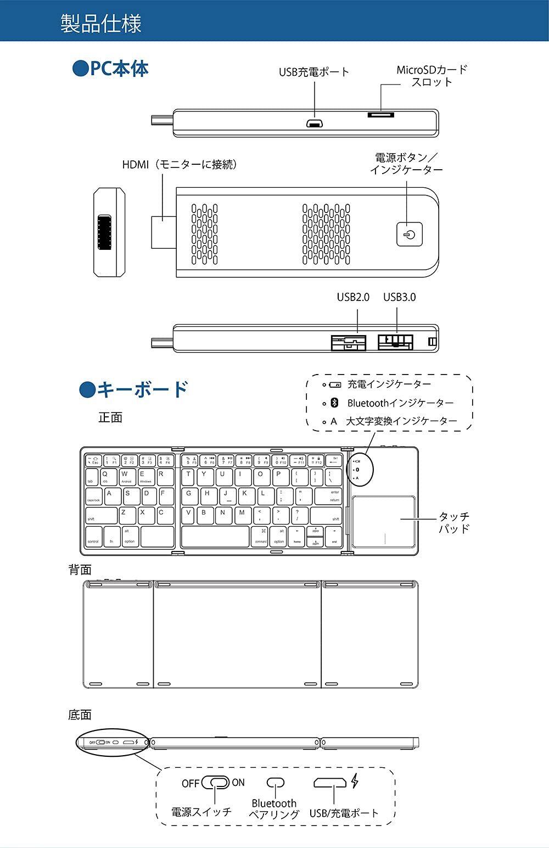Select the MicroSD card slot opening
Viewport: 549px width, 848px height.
(380, 115)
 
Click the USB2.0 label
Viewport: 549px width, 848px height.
(353, 297)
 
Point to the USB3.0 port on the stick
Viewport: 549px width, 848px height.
(395, 342)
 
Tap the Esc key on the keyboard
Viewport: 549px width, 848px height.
(93, 460)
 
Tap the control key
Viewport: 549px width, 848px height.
(94, 537)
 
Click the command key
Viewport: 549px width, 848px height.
(261, 537)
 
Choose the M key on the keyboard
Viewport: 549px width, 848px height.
(242, 515)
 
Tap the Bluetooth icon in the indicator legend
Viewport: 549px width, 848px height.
(334, 403)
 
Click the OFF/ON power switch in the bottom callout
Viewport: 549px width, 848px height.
(215, 783)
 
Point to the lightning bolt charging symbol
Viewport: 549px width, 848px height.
(355, 781)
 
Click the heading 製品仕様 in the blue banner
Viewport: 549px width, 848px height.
(101, 24)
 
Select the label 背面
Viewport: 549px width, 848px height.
(80, 570)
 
